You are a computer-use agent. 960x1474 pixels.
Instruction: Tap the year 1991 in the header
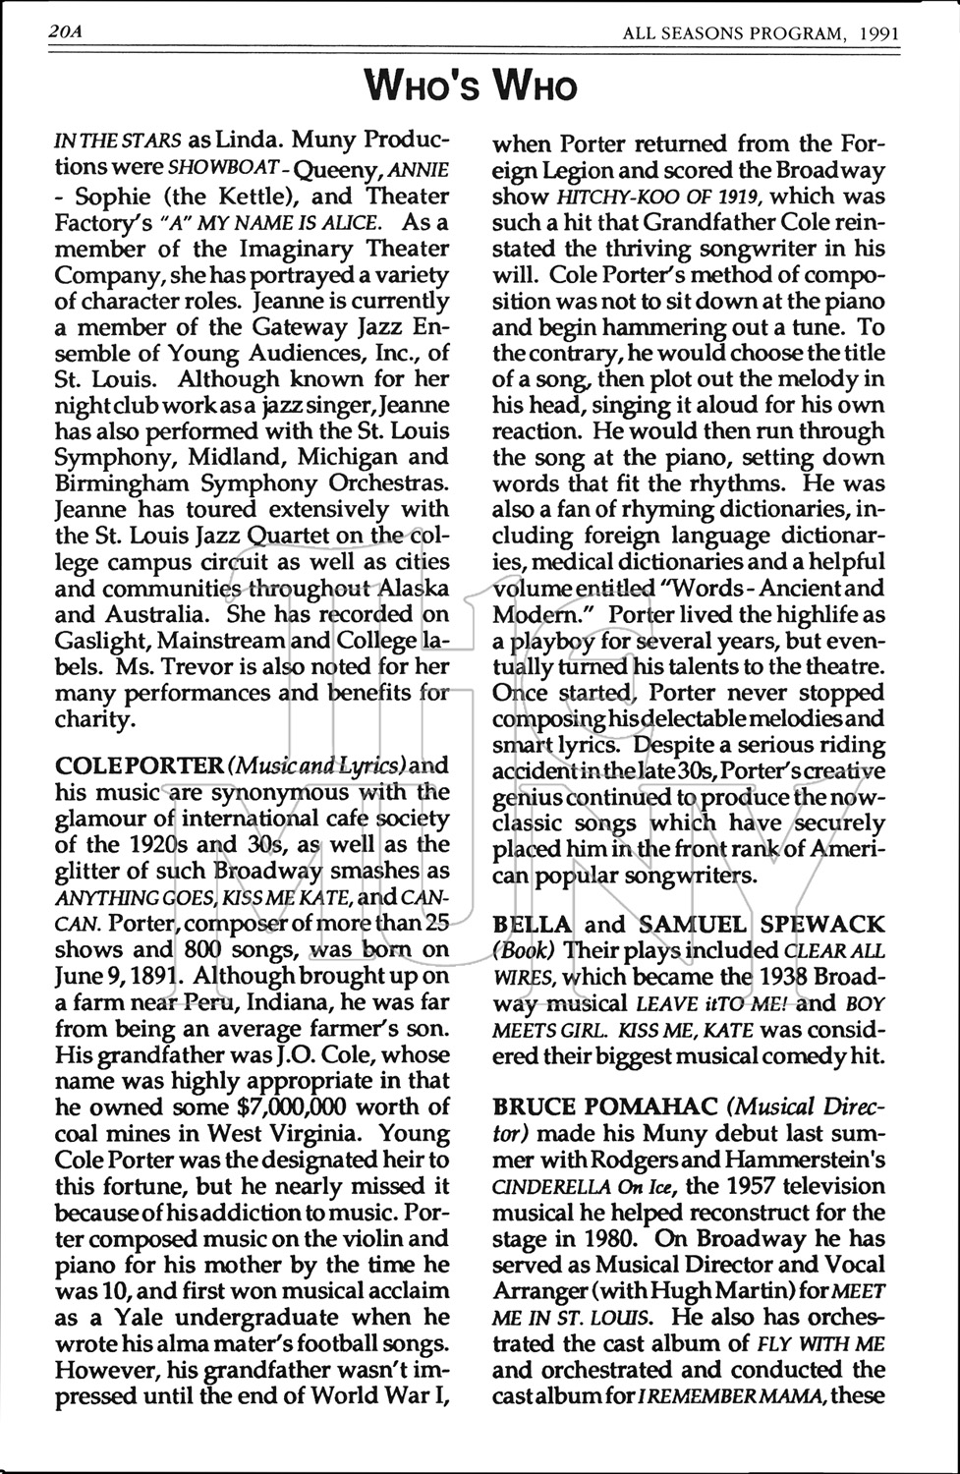878,32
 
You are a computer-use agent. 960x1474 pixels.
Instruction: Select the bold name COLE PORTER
140,765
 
